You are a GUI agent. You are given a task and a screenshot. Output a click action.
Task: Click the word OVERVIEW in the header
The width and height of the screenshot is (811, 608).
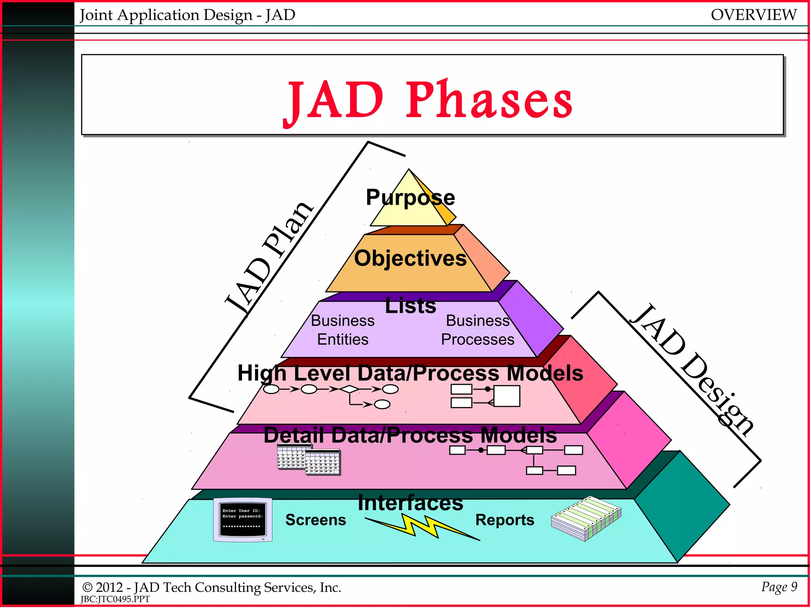coord(753,15)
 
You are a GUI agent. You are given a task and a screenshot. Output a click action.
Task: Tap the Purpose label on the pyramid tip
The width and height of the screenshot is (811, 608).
coord(410,197)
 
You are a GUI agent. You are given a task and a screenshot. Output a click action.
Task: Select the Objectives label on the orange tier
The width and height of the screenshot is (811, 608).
coord(410,258)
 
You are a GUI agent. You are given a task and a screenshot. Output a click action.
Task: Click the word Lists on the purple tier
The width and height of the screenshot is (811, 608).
coord(410,306)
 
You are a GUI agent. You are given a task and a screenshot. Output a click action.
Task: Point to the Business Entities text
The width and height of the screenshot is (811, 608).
coord(343,330)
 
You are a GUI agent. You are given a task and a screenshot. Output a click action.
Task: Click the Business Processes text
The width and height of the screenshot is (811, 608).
coord(478,330)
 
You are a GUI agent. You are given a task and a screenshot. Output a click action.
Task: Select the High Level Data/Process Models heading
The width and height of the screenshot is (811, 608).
coord(410,373)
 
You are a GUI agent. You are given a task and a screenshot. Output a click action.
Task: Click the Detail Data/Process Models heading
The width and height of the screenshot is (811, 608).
coord(410,435)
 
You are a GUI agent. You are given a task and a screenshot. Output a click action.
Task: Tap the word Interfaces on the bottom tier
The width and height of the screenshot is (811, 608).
coord(410,503)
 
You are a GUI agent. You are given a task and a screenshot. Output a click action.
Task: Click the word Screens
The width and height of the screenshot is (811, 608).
coord(316,520)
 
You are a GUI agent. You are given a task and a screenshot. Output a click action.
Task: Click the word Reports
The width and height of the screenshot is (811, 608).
coord(504,520)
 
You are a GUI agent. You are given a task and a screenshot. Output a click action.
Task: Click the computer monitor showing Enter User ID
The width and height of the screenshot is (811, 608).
coord(242,520)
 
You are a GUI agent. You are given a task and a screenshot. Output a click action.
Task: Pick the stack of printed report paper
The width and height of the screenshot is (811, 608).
coord(586,518)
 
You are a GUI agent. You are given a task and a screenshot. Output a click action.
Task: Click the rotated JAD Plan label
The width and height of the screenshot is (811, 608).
coord(269,257)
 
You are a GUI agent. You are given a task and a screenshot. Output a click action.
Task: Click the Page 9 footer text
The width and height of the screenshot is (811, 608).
coord(779,587)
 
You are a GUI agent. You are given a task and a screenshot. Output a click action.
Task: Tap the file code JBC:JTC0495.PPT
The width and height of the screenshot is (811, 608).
coord(115,599)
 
